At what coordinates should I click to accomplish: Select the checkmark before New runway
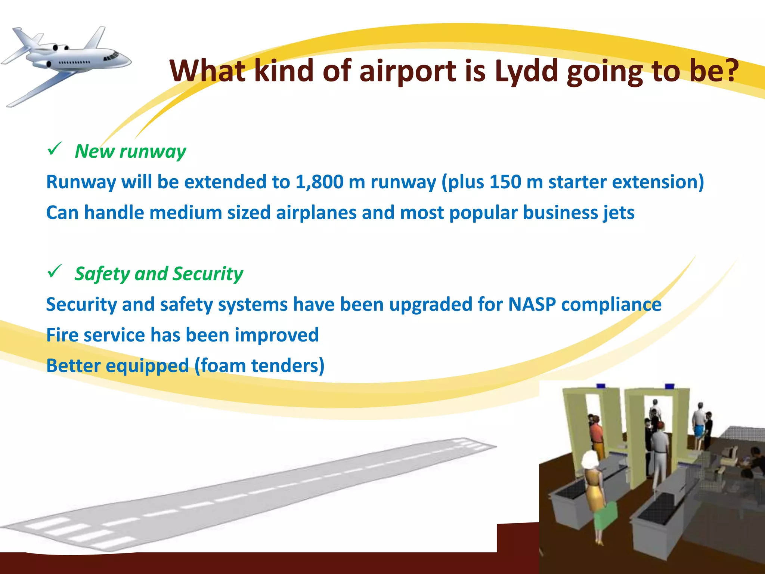[55, 149]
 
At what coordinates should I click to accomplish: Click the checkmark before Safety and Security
[55, 272]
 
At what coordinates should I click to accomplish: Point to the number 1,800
[319, 182]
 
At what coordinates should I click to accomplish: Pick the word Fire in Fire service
[62, 335]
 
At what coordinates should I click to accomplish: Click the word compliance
[611, 304]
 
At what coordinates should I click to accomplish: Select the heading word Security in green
[208, 274]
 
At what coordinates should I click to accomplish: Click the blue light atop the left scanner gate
[601, 386]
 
